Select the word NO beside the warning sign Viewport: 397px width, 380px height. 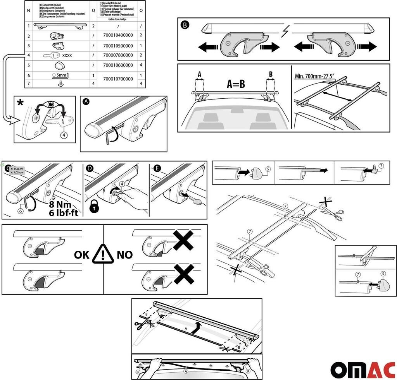(124, 255)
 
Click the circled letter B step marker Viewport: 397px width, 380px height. (185, 26)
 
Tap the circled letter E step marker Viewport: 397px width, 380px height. (157, 168)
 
